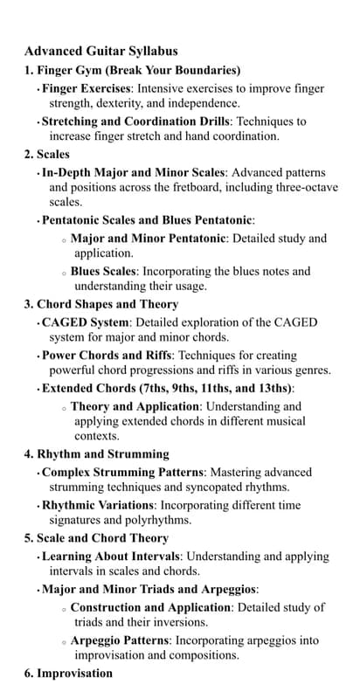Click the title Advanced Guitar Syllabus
101,52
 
